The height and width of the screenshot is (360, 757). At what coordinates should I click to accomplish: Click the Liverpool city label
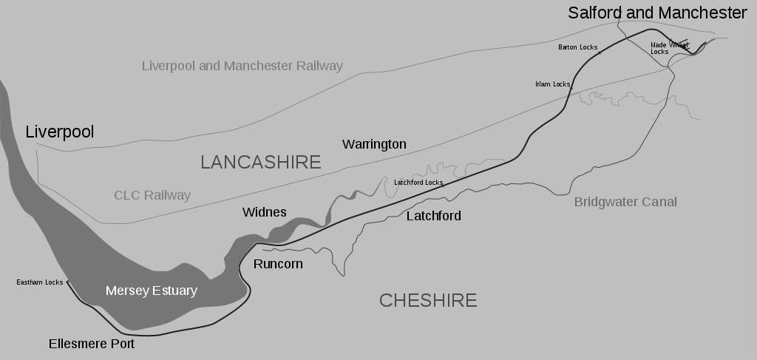click(x=60, y=132)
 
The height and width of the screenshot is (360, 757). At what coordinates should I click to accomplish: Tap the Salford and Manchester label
click(x=657, y=13)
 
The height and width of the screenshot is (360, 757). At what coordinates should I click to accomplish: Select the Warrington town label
click(x=374, y=144)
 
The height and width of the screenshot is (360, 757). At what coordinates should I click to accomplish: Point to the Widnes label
click(x=264, y=212)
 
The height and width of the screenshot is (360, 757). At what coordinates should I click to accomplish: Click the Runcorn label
click(x=278, y=264)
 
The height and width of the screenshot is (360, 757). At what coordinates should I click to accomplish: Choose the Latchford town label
click(x=434, y=216)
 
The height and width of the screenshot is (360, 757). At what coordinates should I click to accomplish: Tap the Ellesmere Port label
click(x=92, y=344)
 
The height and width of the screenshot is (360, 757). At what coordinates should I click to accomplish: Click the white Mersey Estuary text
click(x=152, y=291)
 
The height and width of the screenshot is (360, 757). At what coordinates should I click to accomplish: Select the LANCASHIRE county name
click(x=261, y=162)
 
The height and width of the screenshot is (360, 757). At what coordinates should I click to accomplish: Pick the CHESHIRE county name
click(x=428, y=300)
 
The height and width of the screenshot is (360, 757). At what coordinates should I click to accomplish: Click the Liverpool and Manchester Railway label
click(x=242, y=66)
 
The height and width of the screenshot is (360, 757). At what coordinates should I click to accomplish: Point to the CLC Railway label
click(x=152, y=195)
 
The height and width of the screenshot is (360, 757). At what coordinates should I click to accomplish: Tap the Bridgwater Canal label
click(x=625, y=202)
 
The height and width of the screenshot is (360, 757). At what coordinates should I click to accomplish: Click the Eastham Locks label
click(x=40, y=282)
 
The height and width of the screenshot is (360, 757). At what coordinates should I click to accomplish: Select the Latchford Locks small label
click(x=418, y=182)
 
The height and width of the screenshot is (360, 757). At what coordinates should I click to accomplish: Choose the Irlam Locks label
click(x=552, y=84)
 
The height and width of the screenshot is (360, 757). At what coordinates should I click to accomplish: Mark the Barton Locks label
click(x=577, y=47)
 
